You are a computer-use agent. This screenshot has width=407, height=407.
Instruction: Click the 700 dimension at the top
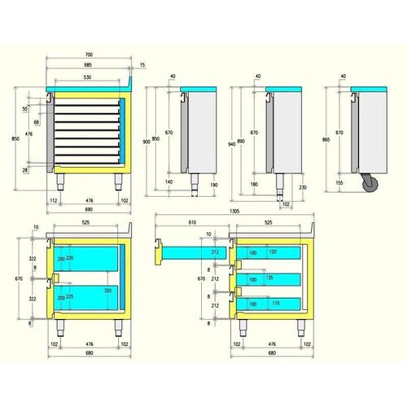tap(88, 55)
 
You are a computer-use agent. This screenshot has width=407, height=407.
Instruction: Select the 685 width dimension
tap(88, 64)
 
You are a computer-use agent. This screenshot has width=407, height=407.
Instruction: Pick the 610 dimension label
tap(191, 222)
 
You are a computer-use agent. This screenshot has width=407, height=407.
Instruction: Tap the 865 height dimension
tap(326, 140)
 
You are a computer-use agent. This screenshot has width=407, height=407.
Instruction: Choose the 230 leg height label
tap(301, 188)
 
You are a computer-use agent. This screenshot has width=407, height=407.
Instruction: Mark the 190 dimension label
tap(212, 186)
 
